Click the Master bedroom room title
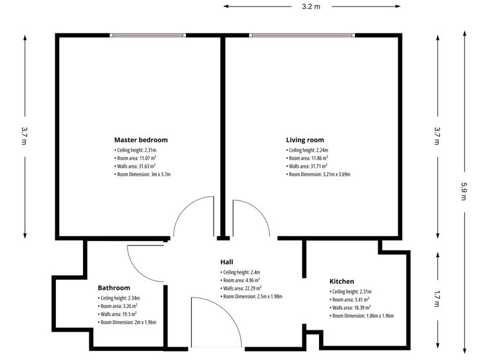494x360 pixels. (x=141, y=139)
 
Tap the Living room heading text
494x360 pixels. (x=305, y=139)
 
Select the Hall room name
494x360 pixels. (x=226, y=262)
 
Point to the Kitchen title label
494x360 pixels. (x=342, y=282)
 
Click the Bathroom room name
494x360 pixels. (x=114, y=288)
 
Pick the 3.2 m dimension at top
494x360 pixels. (x=311, y=6)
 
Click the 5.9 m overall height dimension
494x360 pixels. (x=464, y=191)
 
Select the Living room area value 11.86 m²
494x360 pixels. (x=308, y=158)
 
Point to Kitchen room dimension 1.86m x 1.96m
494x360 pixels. (x=362, y=316)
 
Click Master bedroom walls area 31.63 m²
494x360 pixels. (x=136, y=166)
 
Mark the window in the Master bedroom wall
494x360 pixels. (x=148, y=35)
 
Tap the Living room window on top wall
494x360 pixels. (x=302, y=35)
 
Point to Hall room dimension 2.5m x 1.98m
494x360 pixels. (x=252, y=296)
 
